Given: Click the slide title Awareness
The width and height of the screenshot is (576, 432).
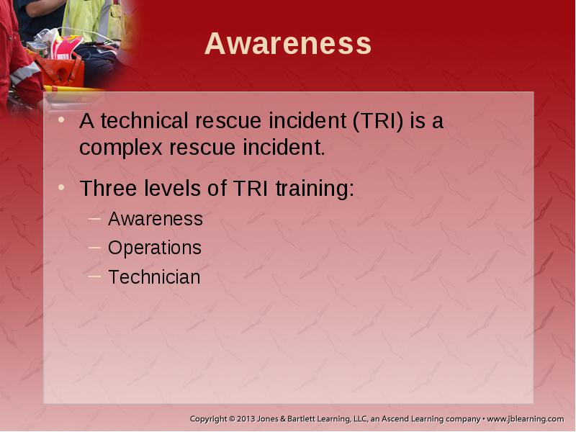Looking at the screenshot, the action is coord(288,44).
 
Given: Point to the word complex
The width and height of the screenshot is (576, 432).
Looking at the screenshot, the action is coord(121,149).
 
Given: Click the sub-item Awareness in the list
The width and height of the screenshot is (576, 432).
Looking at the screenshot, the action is coord(156,219).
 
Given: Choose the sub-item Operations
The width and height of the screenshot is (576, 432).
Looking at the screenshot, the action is coord(155,248).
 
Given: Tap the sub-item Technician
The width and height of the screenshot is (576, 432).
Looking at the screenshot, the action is coord(154,277).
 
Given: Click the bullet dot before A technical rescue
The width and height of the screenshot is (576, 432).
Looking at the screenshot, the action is coord(61,120).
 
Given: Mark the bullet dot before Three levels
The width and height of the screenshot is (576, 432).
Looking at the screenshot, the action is coord(61,187).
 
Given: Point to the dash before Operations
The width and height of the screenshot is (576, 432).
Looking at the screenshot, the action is coord(94,248).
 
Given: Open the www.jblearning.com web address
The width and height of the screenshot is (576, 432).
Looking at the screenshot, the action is coord(526,419).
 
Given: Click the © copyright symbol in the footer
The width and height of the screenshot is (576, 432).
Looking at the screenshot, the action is coord(232,419).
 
